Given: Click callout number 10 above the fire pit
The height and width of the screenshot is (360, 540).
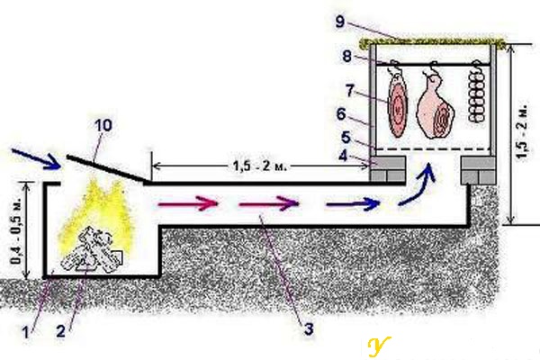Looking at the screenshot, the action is [x=103, y=125].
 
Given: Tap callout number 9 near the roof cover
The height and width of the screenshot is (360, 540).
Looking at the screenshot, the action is [x=340, y=22].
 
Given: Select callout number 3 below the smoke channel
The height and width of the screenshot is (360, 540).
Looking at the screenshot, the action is [x=308, y=329].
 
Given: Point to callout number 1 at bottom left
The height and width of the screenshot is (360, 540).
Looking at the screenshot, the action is [x=25, y=332].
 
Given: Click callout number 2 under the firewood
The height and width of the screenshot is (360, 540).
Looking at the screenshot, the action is [x=60, y=331].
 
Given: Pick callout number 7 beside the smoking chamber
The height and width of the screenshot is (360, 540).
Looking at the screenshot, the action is [x=349, y=91].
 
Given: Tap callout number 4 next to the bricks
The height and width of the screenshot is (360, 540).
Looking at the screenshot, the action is [x=343, y=156].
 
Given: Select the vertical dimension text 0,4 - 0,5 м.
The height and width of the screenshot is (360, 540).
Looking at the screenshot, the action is [x=16, y=231].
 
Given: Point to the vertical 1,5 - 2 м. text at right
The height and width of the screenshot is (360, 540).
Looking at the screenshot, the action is [x=522, y=130].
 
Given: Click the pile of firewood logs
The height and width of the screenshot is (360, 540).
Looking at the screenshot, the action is [x=92, y=249].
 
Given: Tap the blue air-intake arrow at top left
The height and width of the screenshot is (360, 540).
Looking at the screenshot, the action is [x=35, y=158].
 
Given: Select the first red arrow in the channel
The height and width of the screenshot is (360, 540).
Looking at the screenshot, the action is [x=188, y=203].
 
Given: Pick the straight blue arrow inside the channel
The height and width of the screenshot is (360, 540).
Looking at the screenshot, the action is [x=353, y=204].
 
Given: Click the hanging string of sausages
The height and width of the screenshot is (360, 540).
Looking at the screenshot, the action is [x=477, y=92].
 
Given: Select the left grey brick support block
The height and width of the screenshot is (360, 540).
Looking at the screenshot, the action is [x=387, y=169].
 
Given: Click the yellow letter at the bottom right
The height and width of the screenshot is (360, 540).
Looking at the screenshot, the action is [x=378, y=346].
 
